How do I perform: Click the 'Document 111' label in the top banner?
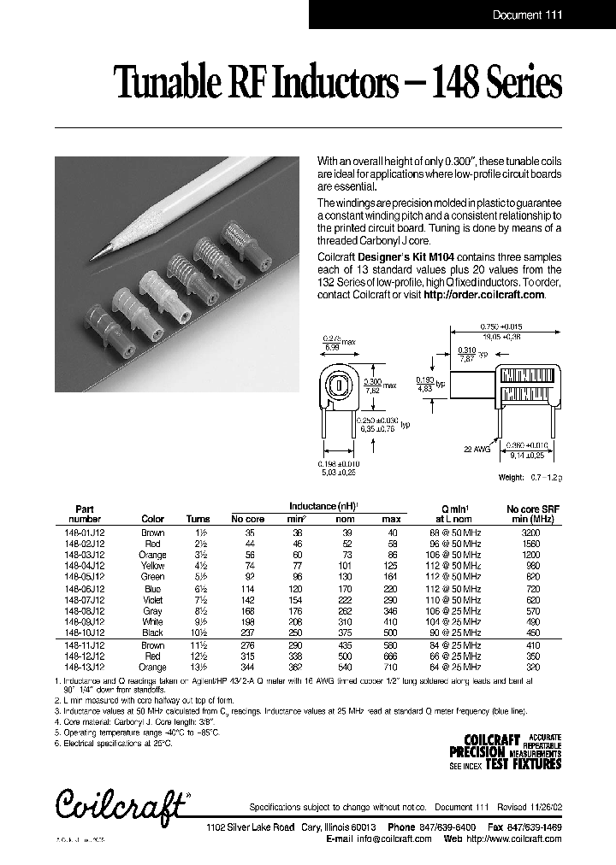click(x=528, y=15)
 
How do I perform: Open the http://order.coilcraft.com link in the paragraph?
click(x=484, y=294)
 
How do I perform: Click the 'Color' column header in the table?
click(x=152, y=519)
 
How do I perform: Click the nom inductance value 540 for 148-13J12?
click(x=344, y=665)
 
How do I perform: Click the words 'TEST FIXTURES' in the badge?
click(x=524, y=764)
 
